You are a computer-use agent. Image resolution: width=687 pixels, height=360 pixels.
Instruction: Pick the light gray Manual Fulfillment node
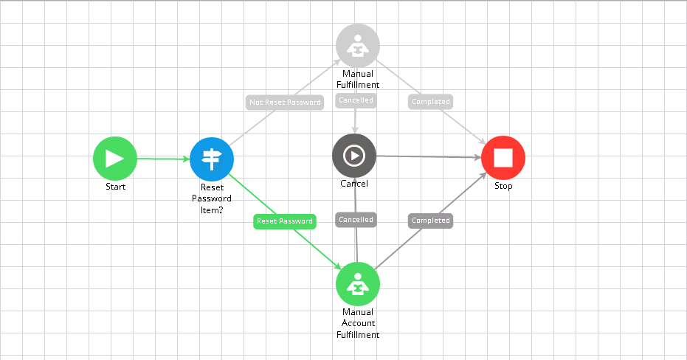(x=358, y=46)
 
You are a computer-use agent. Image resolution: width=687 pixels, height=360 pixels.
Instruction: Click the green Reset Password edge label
(x=285, y=221)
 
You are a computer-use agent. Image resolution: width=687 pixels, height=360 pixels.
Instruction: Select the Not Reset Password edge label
(x=285, y=103)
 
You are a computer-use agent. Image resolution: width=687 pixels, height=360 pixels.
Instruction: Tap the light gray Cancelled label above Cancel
(x=356, y=100)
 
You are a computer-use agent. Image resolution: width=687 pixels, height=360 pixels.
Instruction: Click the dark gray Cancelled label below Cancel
(x=356, y=220)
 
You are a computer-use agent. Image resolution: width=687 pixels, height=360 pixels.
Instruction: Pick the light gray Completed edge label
(x=430, y=102)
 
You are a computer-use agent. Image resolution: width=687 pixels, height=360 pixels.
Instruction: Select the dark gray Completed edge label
(x=430, y=221)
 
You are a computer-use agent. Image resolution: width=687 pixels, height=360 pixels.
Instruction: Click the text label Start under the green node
(x=115, y=187)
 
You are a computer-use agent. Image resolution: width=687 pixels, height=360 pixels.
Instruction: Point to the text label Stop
(x=503, y=187)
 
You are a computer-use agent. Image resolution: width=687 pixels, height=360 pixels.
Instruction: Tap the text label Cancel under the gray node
(x=354, y=184)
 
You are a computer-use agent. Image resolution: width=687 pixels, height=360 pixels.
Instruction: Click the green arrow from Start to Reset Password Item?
(x=162, y=159)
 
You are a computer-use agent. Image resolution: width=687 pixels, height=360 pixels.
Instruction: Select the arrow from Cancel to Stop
(x=428, y=156)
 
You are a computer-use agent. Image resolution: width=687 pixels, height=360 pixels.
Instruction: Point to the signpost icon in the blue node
(x=212, y=159)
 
